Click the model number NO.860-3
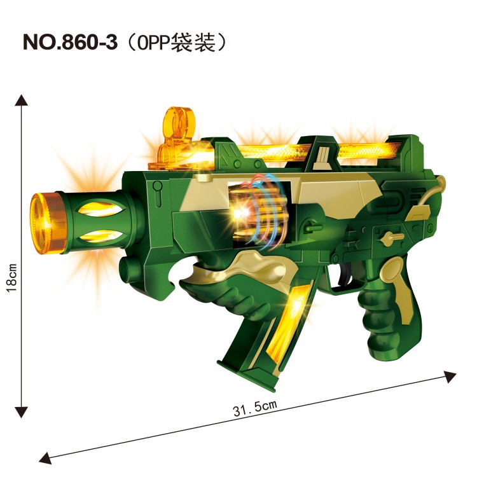pos(70,42)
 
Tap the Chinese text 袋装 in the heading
pos(193,42)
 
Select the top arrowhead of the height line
pos(21,100)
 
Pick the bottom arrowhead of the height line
pos(21,413)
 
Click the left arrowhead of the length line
pos(46,458)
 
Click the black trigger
pos(347,273)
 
